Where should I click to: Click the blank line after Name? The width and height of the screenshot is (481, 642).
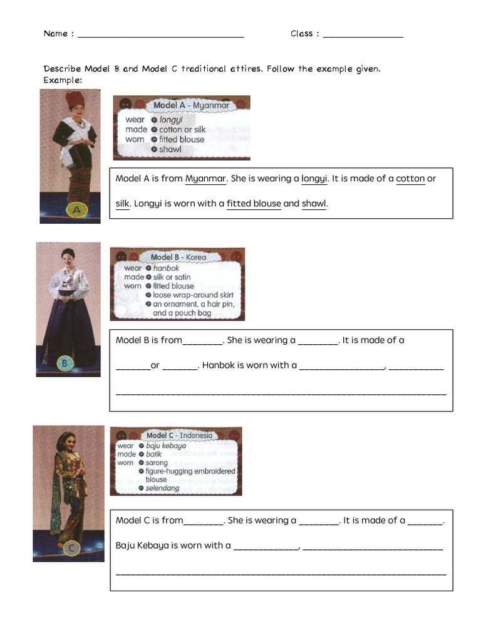pyautogui.click(x=160, y=35)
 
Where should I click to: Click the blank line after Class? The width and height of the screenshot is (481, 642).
pyautogui.click(x=363, y=35)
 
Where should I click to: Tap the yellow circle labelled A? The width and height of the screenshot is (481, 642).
pyautogui.click(x=76, y=211)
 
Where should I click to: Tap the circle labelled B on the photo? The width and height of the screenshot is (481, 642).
pyautogui.click(x=65, y=362)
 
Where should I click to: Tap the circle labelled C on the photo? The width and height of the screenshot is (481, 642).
pyautogui.click(x=71, y=548)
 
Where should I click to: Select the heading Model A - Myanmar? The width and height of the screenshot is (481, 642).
pyautogui.click(x=192, y=106)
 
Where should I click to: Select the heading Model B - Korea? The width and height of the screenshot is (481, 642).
pyautogui.click(x=178, y=257)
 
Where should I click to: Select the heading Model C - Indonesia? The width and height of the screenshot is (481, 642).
pyautogui.click(x=179, y=435)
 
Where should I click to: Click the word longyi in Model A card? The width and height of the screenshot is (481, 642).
pyautogui.click(x=171, y=119)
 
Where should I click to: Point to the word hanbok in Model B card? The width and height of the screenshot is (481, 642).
pyautogui.click(x=166, y=268)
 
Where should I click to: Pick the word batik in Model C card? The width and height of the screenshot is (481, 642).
pyautogui.click(x=154, y=454)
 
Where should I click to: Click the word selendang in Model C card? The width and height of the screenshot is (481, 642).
pyautogui.click(x=162, y=488)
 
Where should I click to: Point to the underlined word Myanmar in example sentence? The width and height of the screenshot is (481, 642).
pyautogui.click(x=205, y=179)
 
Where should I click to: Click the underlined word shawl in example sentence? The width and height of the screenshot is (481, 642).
pyautogui.click(x=314, y=204)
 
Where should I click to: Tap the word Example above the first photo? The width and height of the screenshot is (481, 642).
pyautogui.click(x=62, y=80)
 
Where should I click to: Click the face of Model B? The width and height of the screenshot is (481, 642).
pyautogui.click(x=68, y=255)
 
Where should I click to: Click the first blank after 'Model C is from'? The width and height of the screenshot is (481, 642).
pyautogui.click(x=204, y=521)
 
